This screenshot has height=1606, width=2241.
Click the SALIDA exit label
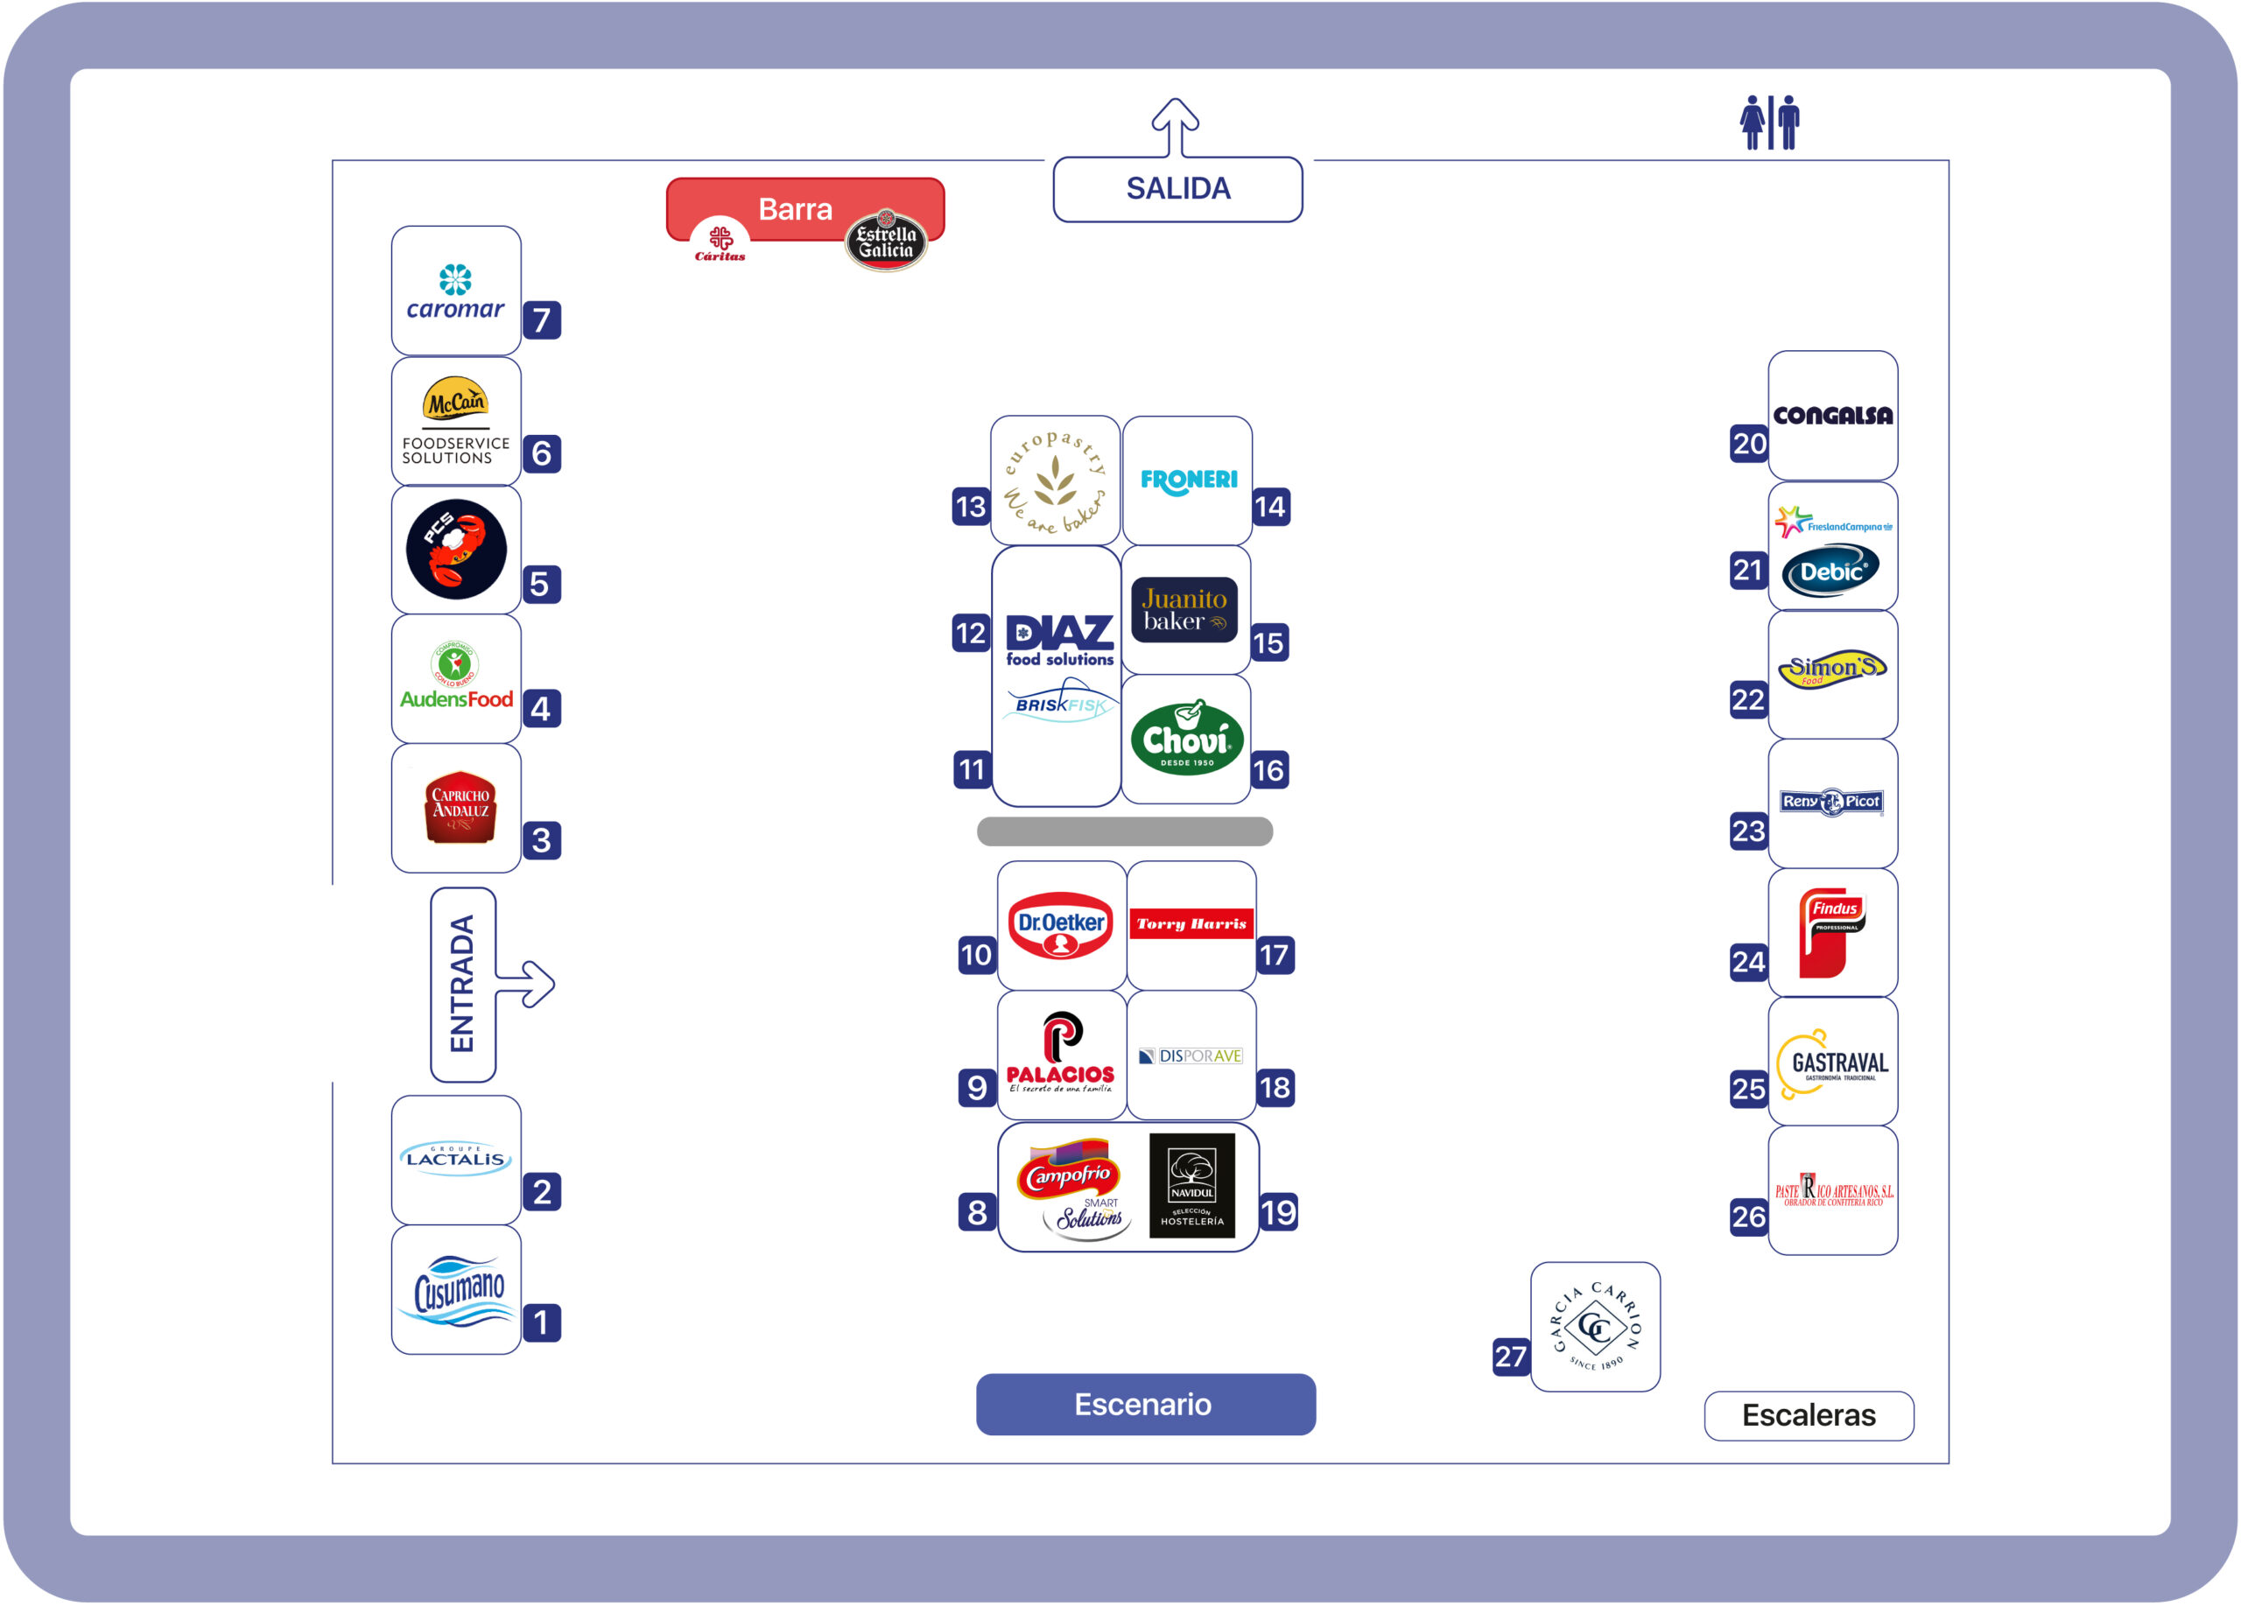point(1177,189)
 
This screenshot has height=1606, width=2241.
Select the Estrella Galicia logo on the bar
point(886,240)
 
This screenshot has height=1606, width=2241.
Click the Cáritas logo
point(720,242)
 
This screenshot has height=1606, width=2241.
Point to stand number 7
point(542,320)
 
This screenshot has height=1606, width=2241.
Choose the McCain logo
point(455,402)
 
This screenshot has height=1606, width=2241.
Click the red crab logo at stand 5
point(456,549)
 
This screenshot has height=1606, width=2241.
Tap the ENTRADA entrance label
point(462,984)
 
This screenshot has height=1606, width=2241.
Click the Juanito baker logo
point(1184,609)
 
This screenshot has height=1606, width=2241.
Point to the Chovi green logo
point(1187,739)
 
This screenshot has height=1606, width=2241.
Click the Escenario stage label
point(1145,1404)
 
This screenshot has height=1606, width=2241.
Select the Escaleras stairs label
point(1809,1415)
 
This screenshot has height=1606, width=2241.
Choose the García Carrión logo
point(1595,1327)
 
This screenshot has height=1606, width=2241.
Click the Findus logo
point(1832,932)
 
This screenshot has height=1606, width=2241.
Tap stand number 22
point(1748,699)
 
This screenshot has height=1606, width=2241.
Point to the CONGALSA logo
point(1832,416)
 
